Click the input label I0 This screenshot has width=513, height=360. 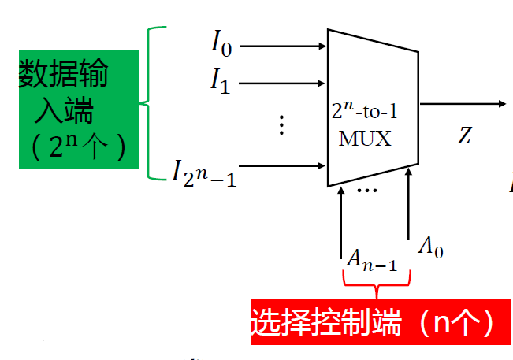(221, 43)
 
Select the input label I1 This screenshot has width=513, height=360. (220, 80)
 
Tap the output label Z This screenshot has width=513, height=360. (465, 136)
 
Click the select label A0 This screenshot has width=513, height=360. (430, 247)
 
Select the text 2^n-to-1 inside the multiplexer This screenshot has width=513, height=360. (365, 116)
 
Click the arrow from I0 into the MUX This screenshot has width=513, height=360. (284, 46)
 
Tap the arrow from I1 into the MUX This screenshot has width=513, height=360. (284, 82)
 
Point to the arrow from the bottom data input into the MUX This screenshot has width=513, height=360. (284, 165)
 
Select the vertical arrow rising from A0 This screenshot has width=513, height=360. (409, 205)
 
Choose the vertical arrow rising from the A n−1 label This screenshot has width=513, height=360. (340, 217)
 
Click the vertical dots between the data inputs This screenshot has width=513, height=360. (281, 125)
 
